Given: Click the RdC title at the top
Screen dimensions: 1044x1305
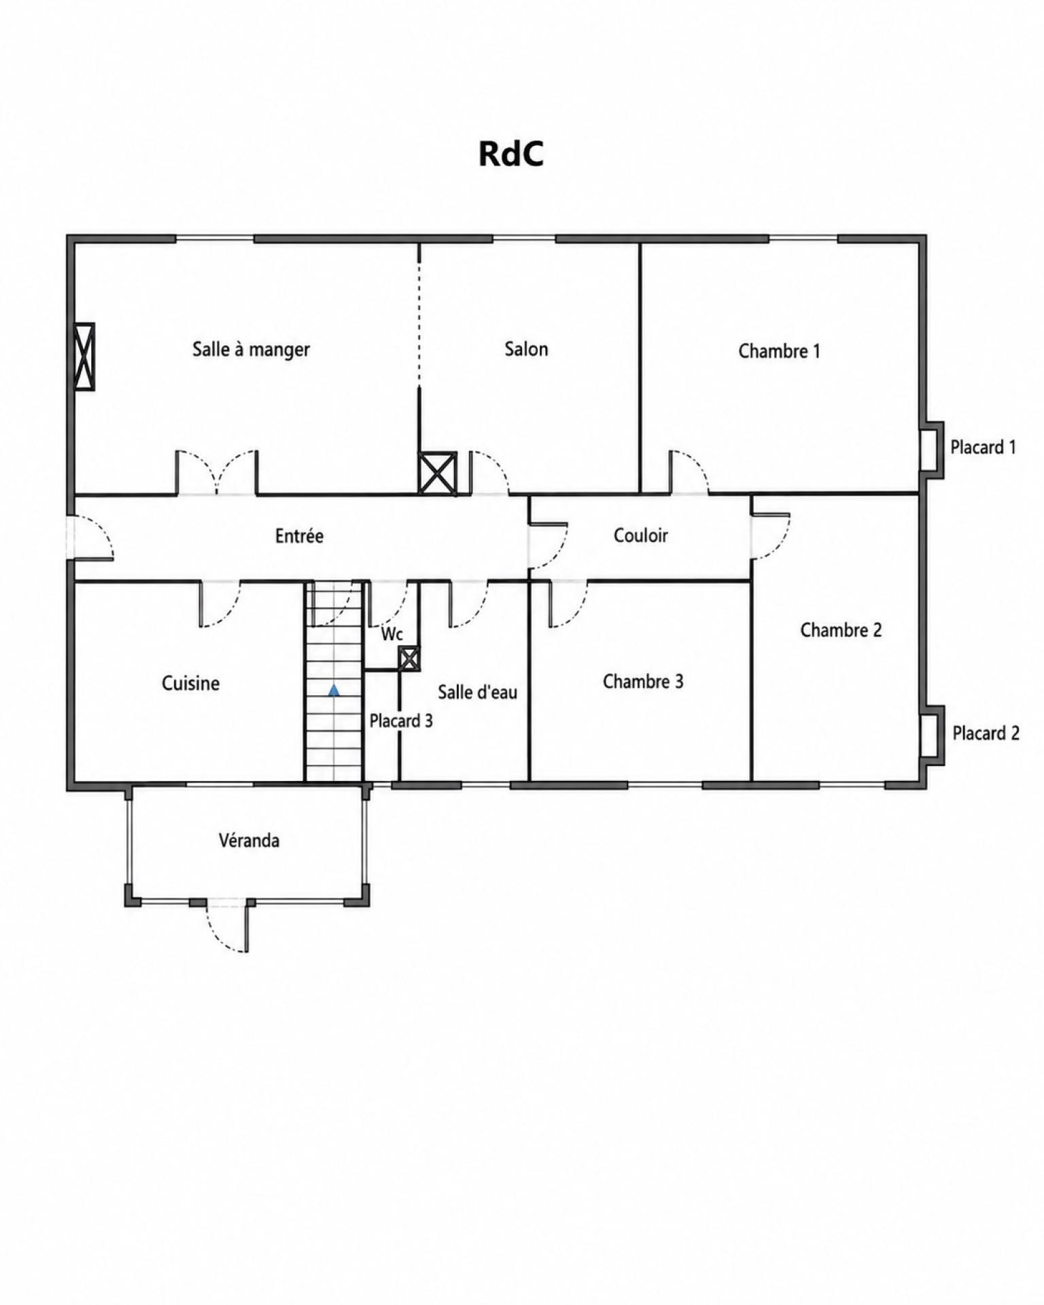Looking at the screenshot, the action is pyautogui.click(x=511, y=154).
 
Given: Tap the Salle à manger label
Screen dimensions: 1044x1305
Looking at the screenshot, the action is pyautogui.click(x=251, y=349).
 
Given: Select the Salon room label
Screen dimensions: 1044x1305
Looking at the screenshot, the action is pyautogui.click(x=526, y=349).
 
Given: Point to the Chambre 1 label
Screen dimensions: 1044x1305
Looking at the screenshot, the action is pyautogui.click(x=779, y=351).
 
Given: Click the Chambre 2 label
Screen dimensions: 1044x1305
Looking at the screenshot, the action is pyautogui.click(x=841, y=630).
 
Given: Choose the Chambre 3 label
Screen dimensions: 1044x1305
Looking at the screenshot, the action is pyautogui.click(x=643, y=681).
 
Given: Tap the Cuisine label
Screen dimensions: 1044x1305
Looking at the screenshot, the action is pyautogui.click(x=190, y=683).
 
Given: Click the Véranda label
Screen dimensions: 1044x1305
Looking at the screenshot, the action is pyautogui.click(x=249, y=840).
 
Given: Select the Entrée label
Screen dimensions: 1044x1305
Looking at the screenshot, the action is pyautogui.click(x=299, y=536).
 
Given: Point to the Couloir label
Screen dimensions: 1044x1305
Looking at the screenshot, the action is pyautogui.click(x=640, y=535).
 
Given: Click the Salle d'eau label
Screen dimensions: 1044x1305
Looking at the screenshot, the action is pyautogui.click(x=477, y=692).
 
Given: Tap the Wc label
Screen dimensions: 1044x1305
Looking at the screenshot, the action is pyautogui.click(x=392, y=634).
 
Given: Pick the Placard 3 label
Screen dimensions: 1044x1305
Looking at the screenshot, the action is pyautogui.click(x=401, y=720).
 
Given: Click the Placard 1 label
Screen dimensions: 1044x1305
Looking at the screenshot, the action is pyautogui.click(x=983, y=447).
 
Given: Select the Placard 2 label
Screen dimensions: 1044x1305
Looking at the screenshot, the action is pyautogui.click(x=986, y=733).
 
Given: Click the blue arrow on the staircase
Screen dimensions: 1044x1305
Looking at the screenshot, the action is pyautogui.click(x=334, y=691).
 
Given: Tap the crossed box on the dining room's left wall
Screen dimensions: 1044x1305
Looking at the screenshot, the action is pyautogui.click(x=84, y=356).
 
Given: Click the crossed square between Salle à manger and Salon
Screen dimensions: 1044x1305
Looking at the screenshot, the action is pyautogui.click(x=437, y=473).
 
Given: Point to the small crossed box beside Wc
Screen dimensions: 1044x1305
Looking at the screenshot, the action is pyautogui.click(x=409, y=659).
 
